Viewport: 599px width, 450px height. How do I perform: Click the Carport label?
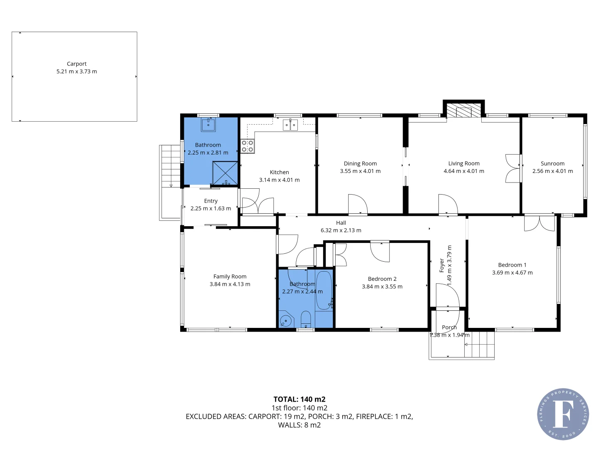tap(77, 64)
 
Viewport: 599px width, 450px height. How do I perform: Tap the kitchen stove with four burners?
tap(248, 146)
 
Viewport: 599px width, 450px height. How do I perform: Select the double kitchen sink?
tap(290, 125)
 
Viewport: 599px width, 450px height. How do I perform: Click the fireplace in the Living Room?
tap(463, 111)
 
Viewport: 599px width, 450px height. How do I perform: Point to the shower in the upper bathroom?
tap(225, 173)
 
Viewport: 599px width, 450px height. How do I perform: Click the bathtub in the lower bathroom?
tap(324, 290)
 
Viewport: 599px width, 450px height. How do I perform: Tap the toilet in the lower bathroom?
tap(306, 319)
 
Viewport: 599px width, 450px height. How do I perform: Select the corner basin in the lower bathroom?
tap(286, 321)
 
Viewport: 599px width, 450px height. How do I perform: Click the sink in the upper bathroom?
tap(208, 124)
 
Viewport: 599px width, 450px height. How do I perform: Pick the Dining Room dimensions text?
tap(360, 171)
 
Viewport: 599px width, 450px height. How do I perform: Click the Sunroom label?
tap(552, 164)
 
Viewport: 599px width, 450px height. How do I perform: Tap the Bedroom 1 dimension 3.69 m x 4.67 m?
tap(512, 273)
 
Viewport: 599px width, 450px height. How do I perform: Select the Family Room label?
tap(230, 277)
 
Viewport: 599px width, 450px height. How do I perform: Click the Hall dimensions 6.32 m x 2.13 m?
tap(341, 230)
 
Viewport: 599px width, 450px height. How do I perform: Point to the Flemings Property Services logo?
tap(563, 414)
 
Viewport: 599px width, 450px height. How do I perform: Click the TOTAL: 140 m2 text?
tap(299, 399)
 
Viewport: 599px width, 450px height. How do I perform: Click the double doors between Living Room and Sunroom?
tap(513, 168)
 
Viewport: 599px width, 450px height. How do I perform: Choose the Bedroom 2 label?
tap(382, 279)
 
